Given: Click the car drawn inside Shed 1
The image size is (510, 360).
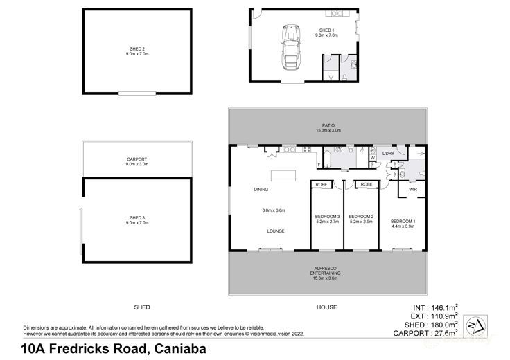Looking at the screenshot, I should click(289, 47).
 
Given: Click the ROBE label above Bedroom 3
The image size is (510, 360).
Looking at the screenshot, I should click(322, 185).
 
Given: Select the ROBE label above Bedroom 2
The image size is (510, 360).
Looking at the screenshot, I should click(367, 185).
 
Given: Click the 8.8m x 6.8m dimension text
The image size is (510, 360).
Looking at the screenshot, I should click(274, 210).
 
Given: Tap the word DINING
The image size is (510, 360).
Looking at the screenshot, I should click(261, 189).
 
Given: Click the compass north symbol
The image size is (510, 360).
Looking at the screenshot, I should click(474, 324).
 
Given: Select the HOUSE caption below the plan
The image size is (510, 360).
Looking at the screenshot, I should click(326, 307).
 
